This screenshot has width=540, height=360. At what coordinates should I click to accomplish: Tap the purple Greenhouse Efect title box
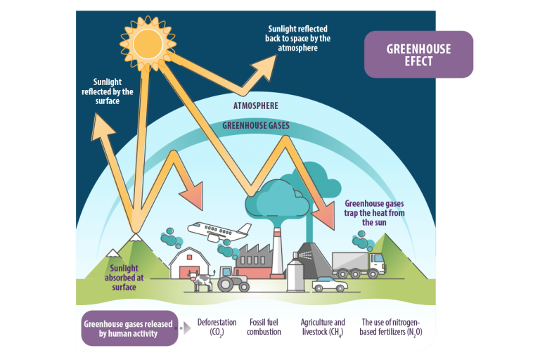[418, 54]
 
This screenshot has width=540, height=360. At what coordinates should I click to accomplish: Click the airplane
[219, 231]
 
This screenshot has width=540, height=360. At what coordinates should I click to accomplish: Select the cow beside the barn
[202, 281]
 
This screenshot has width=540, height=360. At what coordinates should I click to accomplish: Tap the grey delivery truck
[359, 265]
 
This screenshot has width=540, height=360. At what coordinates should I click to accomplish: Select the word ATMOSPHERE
[255, 106]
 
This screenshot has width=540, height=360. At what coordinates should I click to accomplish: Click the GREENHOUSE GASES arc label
[255, 126]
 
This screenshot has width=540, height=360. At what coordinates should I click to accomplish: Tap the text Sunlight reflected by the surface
[107, 91]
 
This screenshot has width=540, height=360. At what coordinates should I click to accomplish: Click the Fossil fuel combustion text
[264, 327]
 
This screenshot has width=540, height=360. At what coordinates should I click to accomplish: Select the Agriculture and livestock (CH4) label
[323, 327]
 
